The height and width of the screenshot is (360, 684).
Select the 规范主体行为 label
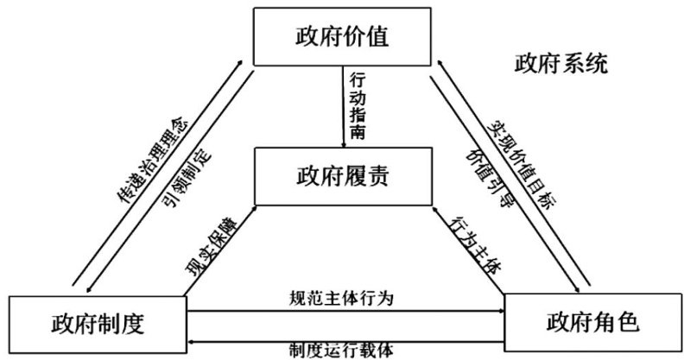(341, 298)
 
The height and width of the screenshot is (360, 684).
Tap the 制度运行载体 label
(341, 350)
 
